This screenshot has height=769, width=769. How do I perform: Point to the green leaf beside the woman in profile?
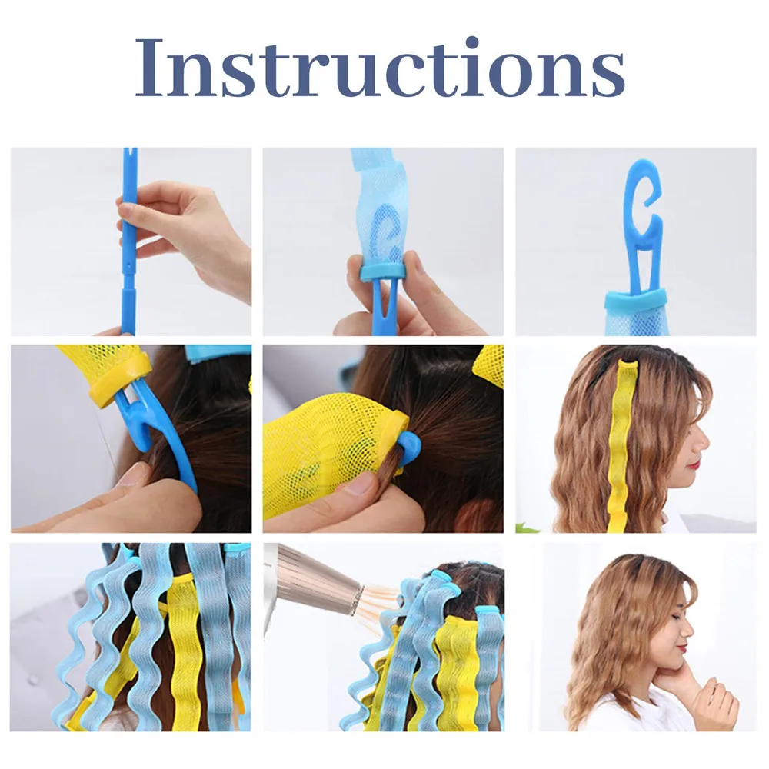[525, 528]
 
